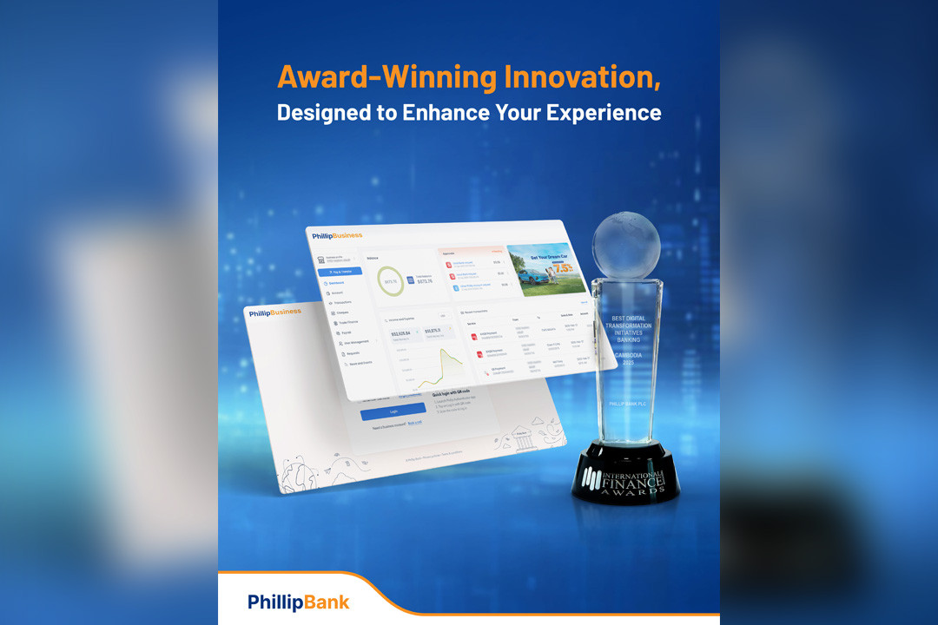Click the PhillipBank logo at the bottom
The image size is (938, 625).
tap(298, 602)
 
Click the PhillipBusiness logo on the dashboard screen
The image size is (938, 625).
tap(338, 235)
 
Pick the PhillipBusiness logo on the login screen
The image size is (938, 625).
tap(274, 312)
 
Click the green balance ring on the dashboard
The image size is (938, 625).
tap(390, 281)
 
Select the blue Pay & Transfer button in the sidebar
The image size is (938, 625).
tap(340, 272)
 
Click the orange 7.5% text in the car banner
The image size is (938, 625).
tap(564, 268)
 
